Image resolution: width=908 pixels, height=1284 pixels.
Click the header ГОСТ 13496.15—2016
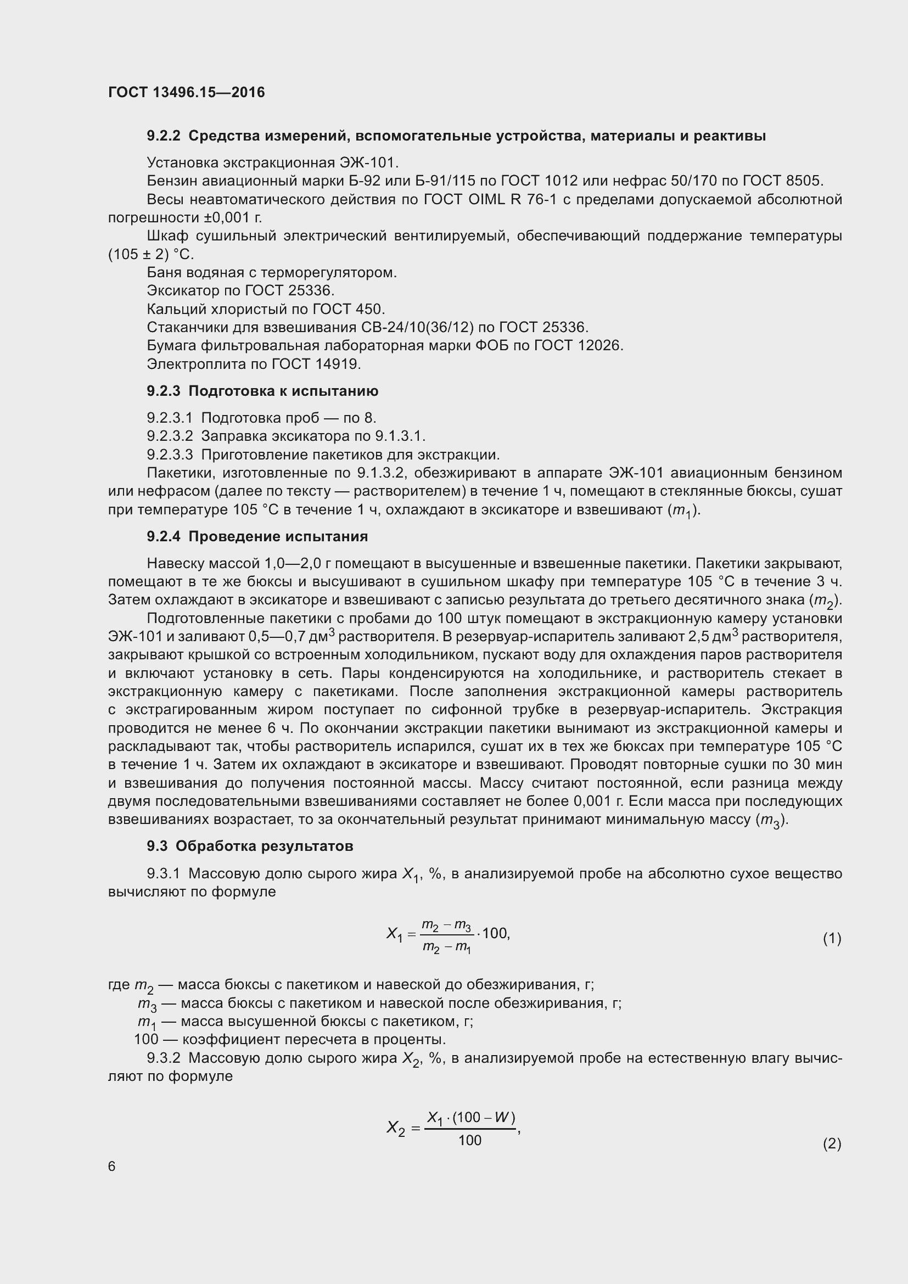pyautogui.click(x=186, y=92)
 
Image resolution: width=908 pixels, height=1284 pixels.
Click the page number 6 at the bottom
pyautogui.click(x=112, y=1166)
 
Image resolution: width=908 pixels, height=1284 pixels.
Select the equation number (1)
pyautogui.click(x=832, y=938)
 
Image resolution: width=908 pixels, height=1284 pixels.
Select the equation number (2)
pyautogui.click(x=832, y=1143)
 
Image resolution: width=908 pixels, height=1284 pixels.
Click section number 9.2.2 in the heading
pyautogui.click(x=163, y=136)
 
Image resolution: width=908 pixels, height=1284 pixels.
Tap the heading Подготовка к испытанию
pyautogui.click(x=283, y=391)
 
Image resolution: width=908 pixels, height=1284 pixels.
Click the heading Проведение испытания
pyautogui.click(x=278, y=536)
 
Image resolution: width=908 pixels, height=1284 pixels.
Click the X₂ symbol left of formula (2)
pyautogui.click(x=396, y=1128)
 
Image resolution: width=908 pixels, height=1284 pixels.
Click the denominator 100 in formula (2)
pyautogui.click(x=470, y=1140)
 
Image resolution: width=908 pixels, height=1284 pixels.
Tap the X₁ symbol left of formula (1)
pyautogui.click(x=395, y=933)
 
